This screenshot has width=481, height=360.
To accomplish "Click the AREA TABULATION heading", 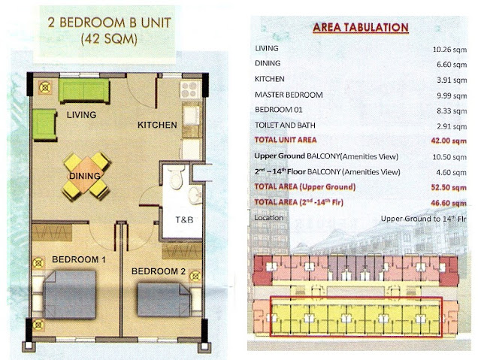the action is click(361, 27).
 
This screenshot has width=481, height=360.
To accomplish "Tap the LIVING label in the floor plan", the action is click(82, 115).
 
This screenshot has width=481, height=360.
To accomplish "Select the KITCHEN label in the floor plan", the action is click(157, 125).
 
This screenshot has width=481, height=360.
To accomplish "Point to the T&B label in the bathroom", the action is click(184, 219).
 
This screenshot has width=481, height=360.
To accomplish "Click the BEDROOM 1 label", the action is click(79, 259).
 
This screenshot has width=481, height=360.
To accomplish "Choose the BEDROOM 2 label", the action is click(159, 271).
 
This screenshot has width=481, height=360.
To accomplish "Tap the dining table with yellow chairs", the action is click(86, 176).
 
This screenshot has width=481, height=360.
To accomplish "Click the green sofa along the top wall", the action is click(84, 91).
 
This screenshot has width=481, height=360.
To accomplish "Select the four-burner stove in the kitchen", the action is click(189, 89).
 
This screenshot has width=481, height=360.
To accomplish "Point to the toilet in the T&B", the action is click(176, 177).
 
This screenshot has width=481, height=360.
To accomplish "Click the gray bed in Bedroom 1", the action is click(70, 294).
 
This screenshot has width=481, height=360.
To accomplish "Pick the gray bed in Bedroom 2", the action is click(164, 300).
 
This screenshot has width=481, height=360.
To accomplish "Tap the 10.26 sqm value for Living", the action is click(449, 50).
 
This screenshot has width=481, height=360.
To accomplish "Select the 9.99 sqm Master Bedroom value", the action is click(452, 95).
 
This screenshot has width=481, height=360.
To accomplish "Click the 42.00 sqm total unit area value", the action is click(449, 141).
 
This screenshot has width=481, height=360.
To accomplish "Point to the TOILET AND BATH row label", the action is click(285, 125).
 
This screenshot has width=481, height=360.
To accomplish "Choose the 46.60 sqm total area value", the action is click(449, 203).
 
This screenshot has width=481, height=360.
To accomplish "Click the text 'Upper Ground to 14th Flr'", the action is click(423, 219).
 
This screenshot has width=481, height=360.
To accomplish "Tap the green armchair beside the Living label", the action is click(45, 125).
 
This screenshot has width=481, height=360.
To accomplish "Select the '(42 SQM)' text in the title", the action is click(109, 40).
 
